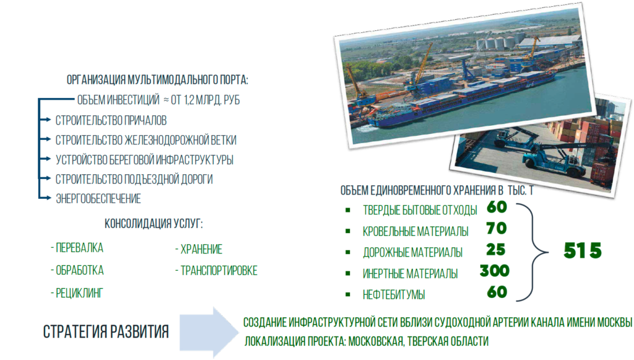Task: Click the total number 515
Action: pyautogui.click(x=583, y=250)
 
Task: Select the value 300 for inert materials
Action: pyautogui.click(x=495, y=271)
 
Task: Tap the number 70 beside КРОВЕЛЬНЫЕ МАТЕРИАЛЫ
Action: pyautogui.click(x=497, y=229)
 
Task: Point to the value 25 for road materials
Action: pyautogui.click(x=496, y=250)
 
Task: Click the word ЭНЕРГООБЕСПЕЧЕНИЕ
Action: pyautogui.click(x=98, y=199)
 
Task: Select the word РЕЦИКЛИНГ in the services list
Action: pyautogui.click(x=79, y=293)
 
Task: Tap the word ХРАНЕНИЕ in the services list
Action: pyautogui.click(x=201, y=249)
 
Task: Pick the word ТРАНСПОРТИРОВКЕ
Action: pyautogui.click(x=219, y=271)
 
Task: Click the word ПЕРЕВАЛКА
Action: pyautogui.click(x=79, y=248)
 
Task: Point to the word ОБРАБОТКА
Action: pyautogui.click(x=80, y=270)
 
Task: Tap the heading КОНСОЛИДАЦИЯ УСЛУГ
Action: pyautogui.click(x=154, y=223)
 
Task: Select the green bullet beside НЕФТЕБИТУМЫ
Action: pyautogui.click(x=348, y=294)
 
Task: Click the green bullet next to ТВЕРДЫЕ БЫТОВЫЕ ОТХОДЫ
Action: pyautogui.click(x=348, y=210)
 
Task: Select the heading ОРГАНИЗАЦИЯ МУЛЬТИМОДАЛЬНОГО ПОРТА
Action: pyautogui.click(x=157, y=80)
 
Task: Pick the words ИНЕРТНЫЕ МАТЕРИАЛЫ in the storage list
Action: pyautogui.click(x=410, y=274)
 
